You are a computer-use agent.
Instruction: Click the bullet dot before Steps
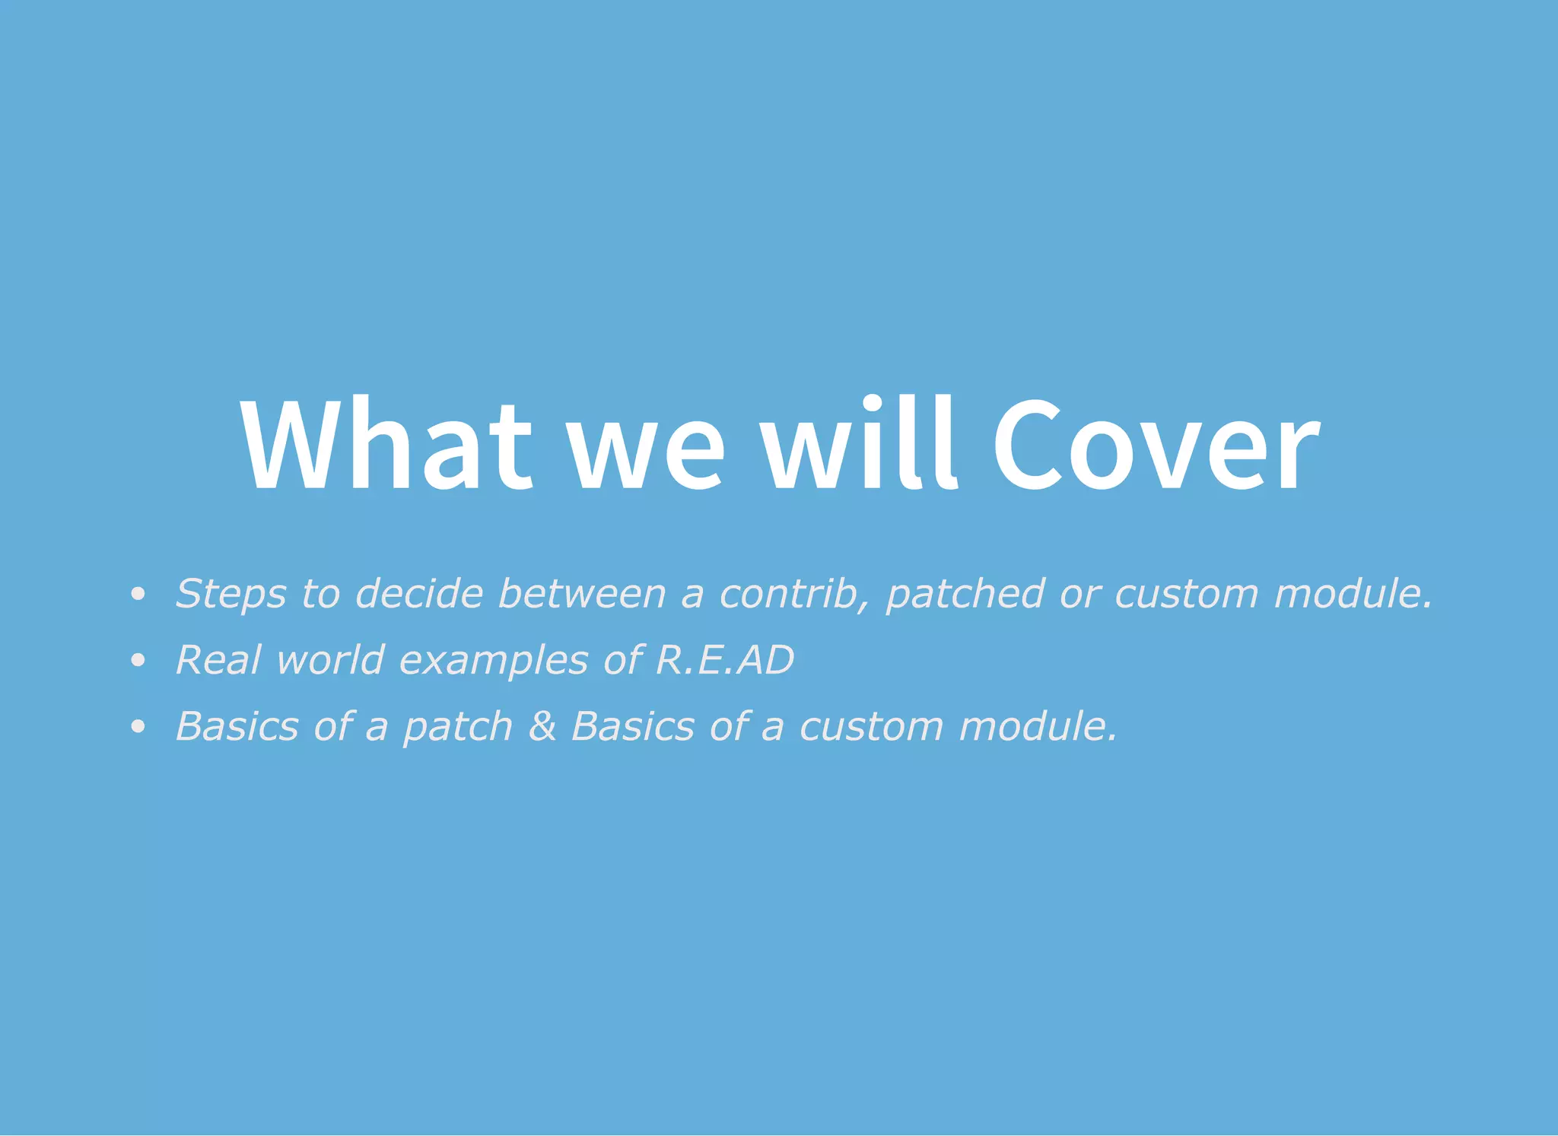click(x=138, y=594)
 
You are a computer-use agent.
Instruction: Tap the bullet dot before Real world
click(x=138, y=660)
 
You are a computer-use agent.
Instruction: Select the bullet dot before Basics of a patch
click(x=138, y=726)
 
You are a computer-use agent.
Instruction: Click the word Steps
click(x=231, y=594)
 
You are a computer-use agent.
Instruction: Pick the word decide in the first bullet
click(x=419, y=593)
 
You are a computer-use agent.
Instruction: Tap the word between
click(x=582, y=593)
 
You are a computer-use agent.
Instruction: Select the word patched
click(x=965, y=595)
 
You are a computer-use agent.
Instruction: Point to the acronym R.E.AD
click(x=724, y=659)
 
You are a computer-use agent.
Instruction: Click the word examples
click(x=494, y=661)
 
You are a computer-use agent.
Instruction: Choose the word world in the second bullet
click(x=330, y=659)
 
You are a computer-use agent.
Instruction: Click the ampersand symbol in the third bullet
click(x=542, y=725)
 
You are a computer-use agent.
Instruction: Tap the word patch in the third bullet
click(x=458, y=727)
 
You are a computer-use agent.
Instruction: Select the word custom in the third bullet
click(x=872, y=726)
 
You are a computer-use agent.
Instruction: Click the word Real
click(x=219, y=659)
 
